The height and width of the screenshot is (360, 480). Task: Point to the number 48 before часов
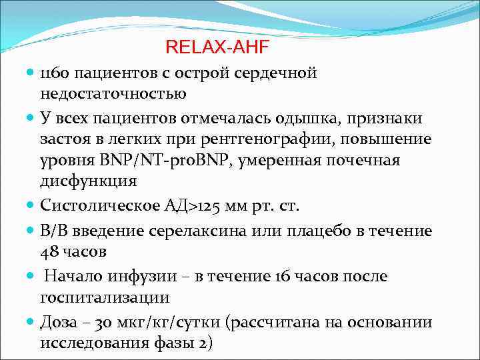(50, 252)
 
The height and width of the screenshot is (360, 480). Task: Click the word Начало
(70, 275)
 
